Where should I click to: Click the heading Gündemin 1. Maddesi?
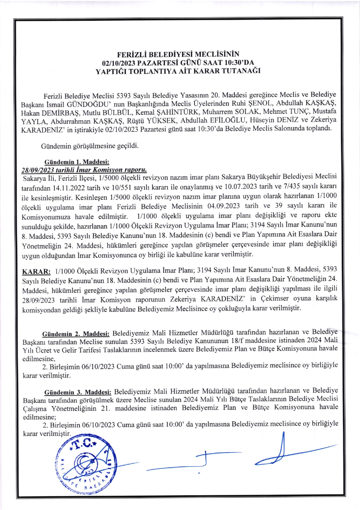coord(77,162)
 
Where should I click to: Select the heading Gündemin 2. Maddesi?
coord(76,334)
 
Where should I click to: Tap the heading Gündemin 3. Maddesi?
coord(78,392)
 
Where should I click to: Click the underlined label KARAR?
coord(36,271)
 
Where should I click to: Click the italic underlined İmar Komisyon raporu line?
coord(84,169)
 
